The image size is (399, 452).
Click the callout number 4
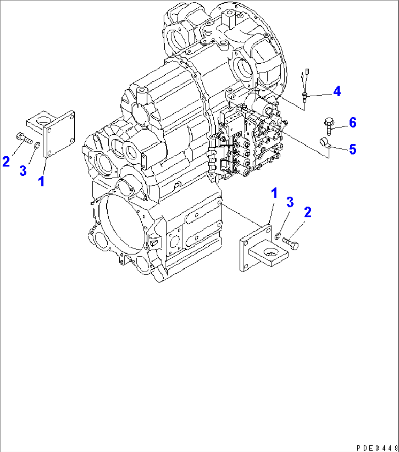coord(337,91)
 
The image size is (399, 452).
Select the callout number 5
coord(352,149)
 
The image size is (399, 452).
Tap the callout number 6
coord(352,123)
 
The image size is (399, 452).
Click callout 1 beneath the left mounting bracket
coord(42,181)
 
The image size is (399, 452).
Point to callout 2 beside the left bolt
coord(6,161)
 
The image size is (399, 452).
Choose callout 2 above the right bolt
coord(307,212)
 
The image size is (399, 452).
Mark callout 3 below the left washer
coord(23,170)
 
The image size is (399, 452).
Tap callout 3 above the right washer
coord(290,202)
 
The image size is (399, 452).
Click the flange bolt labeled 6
coord(328,126)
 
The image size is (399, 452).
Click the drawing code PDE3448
coord(377,448)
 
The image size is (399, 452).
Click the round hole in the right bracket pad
coord(270,252)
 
